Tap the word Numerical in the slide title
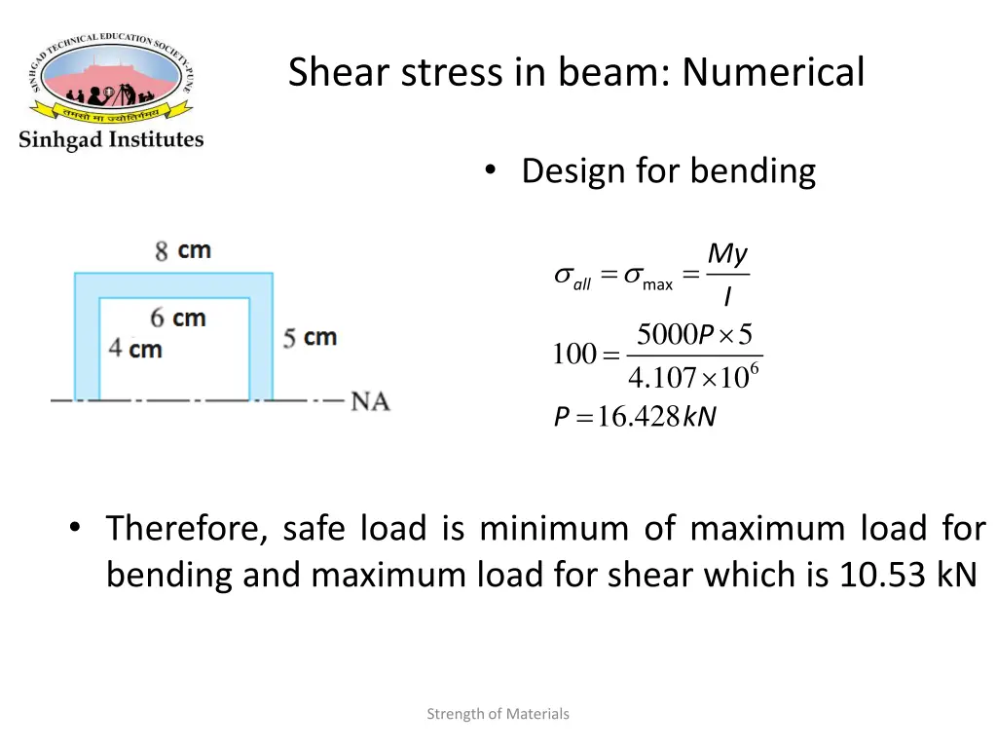click(x=773, y=72)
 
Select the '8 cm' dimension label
click(x=183, y=250)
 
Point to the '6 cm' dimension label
click(x=178, y=318)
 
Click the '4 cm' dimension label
click(x=135, y=348)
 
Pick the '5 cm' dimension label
click(x=310, y=338)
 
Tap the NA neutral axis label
click(x=370, y=400)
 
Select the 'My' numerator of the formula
click(x=727, y=255)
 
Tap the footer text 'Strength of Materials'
click(x=498, y=714)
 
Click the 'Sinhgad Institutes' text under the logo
click(x=111, y=139)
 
